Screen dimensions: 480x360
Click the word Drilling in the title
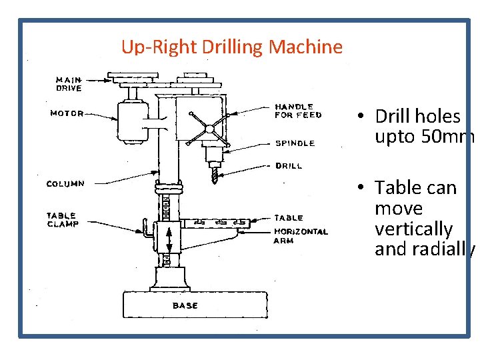coord(232,47)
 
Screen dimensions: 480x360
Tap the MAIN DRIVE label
coord(69,84)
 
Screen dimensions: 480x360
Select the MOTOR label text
coord(67,113)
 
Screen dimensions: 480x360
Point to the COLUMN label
coord(65,184)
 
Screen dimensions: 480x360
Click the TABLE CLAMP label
coord(63,220)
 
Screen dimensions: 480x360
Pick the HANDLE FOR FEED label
coord(298,111)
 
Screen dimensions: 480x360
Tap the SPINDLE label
coord(295,143)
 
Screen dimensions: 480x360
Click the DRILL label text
coord(289,166)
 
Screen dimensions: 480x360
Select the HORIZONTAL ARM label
coord(301,236)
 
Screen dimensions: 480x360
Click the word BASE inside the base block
coord(185,305)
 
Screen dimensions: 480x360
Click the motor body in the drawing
coord(133,121)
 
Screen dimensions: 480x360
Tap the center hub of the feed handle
coord(210,129)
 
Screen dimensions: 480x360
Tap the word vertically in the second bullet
coord(413,229)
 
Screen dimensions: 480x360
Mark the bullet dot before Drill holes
coord(361,115)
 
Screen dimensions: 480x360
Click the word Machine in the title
coord(305,47)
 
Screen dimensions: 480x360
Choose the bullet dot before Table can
coord(361,187)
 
